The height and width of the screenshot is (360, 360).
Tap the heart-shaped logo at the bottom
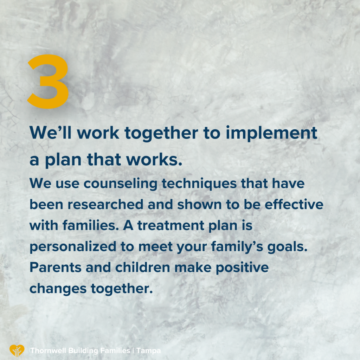coord(17,351)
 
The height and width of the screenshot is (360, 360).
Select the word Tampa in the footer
coord(148,351)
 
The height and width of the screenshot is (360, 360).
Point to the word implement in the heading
coord(272,133)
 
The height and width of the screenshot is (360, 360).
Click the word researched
coord(105,204)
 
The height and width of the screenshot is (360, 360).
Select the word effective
coord(294,204)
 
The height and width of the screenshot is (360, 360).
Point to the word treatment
coord(171,226)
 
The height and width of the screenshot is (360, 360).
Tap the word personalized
coord(73,247)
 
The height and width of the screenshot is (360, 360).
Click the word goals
coord(287,247)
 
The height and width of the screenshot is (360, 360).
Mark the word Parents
coord(56,268)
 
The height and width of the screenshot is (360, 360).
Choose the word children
coord(143,268)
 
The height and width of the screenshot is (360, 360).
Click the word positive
coord(242,268)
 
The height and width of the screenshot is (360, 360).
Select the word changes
coord(58,289)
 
